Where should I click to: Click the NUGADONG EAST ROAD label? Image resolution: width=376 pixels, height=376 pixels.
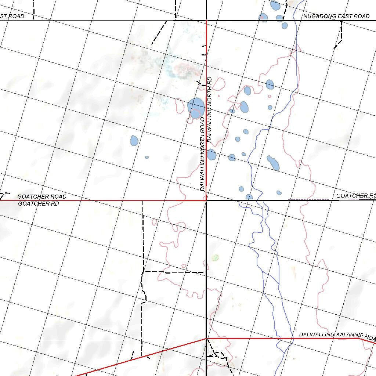click(x=336, y=16)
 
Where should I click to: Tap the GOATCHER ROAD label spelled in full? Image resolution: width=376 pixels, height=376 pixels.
click(x=42, y=196)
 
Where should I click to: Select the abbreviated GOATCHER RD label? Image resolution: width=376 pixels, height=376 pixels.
click(x=39, y=203)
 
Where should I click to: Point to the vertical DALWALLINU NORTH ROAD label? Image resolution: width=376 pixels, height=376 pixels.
click(x=202, y=154)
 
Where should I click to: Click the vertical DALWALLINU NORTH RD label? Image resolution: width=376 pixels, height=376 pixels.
click(x=210, y=109)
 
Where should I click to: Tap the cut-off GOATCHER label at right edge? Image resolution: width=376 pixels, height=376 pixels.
click(x=356, y=196)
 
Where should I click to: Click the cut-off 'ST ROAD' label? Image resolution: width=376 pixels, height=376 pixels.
click(x=12, y=16)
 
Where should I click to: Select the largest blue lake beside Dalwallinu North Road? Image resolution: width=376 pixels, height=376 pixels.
click(x=196, y=108)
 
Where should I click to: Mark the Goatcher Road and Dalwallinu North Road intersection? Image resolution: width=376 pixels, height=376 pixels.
click(x=206, y=200)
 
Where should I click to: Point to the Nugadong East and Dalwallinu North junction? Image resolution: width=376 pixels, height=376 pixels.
click(x=206, y=20)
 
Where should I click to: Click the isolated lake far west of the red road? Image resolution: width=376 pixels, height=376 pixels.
click(x=134, y=140)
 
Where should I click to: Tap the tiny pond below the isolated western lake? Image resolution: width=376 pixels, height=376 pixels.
click(x=147, y=157)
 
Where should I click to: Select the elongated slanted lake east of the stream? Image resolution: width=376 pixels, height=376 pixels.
click(x=273, y=162)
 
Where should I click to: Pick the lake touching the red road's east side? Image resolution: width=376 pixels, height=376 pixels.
click(x=211, y=154)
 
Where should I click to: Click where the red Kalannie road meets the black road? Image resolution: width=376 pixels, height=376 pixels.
click(x=206, y=339)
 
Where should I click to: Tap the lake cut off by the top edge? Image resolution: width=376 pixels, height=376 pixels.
click(x=275, y=5)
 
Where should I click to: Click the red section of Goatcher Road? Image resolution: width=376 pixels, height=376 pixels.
click(x=103, y=200)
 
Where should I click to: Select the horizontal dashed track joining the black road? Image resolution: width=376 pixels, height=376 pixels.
click(x=174, y=272)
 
